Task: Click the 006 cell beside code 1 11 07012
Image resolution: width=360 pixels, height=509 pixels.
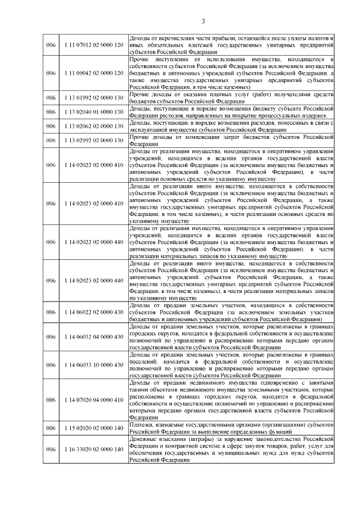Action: [x=51, y=44]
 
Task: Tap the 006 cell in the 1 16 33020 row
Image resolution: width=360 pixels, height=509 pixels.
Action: [x=51, y=449]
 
